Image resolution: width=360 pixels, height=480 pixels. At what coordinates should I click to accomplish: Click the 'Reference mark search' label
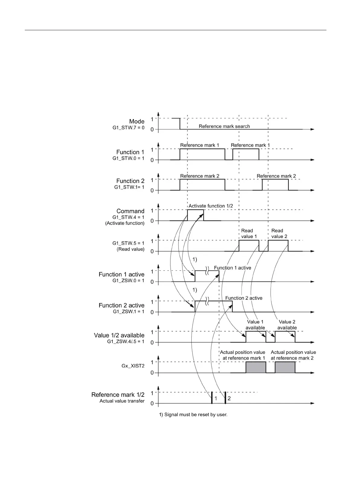[224, 126]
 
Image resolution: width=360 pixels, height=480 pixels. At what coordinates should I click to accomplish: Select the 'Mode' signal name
[137, 121]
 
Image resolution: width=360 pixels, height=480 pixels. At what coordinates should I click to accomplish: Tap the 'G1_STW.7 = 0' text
[128, 128]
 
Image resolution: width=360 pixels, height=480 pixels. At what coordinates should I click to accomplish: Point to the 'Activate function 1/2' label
[211, 206]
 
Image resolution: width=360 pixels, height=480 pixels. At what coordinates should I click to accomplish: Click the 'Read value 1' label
[249, 233]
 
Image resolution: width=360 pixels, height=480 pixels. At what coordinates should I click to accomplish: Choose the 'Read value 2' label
[279, 233]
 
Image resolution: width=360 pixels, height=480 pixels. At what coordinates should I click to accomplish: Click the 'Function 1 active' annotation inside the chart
[232, 268]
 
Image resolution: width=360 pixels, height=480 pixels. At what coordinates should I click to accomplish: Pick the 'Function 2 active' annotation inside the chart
[244, 298]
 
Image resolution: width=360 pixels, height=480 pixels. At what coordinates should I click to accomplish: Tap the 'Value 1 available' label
[255, 325]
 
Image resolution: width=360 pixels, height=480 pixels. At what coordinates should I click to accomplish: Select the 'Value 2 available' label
[287, 325]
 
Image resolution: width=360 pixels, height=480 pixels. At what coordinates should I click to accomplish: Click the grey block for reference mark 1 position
[256, 367]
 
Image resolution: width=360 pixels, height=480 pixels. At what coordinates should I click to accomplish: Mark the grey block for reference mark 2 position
[285, 367]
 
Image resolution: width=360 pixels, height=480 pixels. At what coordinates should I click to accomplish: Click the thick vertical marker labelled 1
[212, 397]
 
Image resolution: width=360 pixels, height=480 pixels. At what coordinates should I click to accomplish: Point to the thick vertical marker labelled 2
[225, 397]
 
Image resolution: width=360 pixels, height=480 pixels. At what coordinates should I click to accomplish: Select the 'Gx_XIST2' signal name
[133, 366]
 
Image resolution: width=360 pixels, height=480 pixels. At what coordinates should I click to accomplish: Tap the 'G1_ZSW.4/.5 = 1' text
[126, 341]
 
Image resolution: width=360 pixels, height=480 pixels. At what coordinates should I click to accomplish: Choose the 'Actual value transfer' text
[122, 401]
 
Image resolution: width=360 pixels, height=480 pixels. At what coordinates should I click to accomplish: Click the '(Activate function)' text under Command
[125, 223]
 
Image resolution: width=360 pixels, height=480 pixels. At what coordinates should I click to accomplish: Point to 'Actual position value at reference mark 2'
[293, 355]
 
